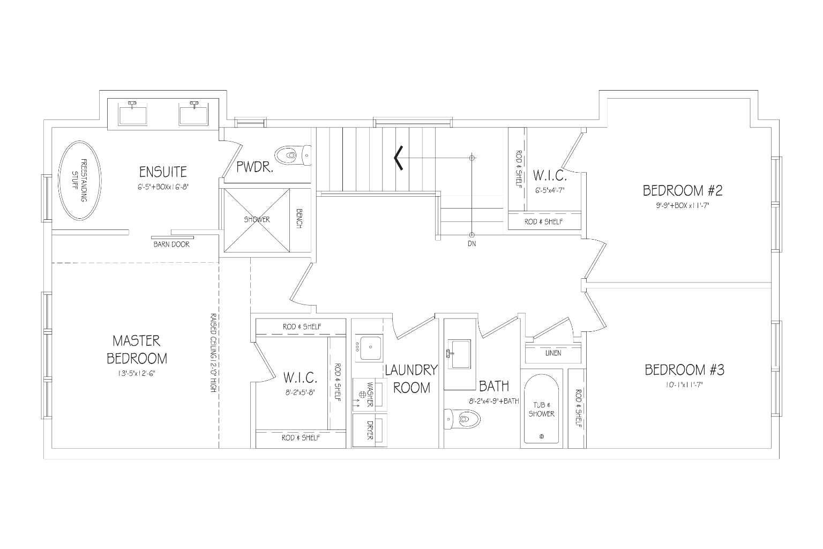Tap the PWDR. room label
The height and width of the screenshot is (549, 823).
[255, 167]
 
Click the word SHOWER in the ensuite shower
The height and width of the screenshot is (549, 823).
[257, 219]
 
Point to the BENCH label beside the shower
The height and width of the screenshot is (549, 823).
[300, 219]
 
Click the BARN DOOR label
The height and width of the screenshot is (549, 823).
[171, 244]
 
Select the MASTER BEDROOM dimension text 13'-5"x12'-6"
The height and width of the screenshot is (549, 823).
[136, 374]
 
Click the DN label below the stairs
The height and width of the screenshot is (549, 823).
[472, 243]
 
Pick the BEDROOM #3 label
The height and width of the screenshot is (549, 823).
[684, 370]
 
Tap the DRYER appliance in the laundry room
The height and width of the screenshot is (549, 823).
[370, 430]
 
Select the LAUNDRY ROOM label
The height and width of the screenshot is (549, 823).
[411, 379]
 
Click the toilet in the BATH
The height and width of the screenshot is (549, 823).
[462, 418]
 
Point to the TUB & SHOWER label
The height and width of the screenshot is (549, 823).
[542, 410]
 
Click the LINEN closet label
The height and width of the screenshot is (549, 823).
[553, 353]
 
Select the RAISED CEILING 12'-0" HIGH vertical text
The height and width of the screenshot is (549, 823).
[213, 353]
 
